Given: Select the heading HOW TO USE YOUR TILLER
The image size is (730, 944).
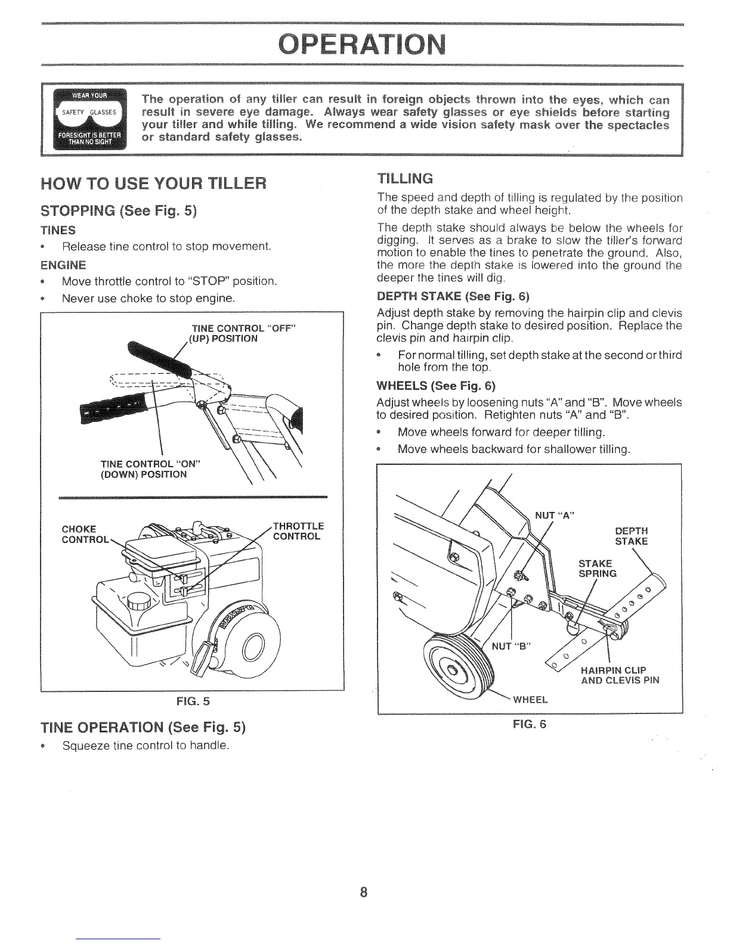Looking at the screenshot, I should point(152,183).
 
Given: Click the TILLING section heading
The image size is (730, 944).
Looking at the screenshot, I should point(406,178).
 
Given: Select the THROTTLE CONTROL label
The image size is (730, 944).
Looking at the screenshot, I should point(298,530).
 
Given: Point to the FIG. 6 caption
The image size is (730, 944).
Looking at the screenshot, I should point(530,724).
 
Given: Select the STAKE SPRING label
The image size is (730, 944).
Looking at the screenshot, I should point(597,568).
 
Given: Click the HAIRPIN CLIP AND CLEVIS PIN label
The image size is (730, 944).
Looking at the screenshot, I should point(620,674).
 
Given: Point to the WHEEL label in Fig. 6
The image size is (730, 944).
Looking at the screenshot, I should point(530,699).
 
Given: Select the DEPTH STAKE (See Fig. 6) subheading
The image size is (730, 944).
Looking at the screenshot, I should point(453,296).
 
